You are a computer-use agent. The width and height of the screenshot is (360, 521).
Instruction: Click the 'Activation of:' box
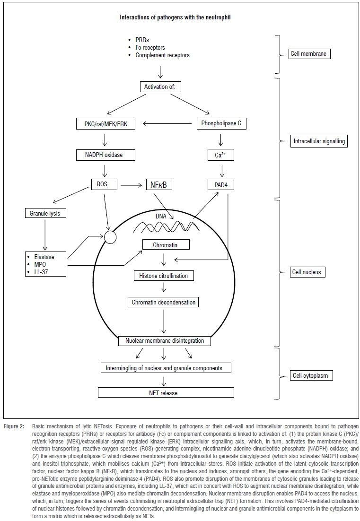tap(161, 87)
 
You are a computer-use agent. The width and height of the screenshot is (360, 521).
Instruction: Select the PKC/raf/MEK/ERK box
tap(105, 124)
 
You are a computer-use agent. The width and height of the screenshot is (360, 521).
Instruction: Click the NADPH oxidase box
tap(105, 155)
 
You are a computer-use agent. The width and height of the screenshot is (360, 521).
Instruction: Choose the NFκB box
tap(159, 185)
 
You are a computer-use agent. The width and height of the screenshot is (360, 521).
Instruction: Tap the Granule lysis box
tap(45, 213)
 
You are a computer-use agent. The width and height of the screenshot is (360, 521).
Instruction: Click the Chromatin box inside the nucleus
tap(166, 244)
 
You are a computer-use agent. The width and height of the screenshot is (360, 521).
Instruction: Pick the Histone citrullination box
tap(164, 276)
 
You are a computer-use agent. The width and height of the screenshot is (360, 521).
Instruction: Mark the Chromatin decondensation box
tap(164, 302)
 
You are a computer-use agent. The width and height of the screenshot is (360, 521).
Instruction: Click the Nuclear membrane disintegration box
tap(165, 340)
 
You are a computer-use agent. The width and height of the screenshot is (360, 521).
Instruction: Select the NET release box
tap(166, 392)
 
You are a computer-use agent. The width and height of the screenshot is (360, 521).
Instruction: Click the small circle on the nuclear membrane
tap(110, 236)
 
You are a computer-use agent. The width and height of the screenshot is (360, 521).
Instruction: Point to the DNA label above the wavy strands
tap(161, 215)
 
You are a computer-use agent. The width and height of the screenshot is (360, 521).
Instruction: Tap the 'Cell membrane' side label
tap(310, 54)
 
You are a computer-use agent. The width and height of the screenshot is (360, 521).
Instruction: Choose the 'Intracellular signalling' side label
tap(318, 140)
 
